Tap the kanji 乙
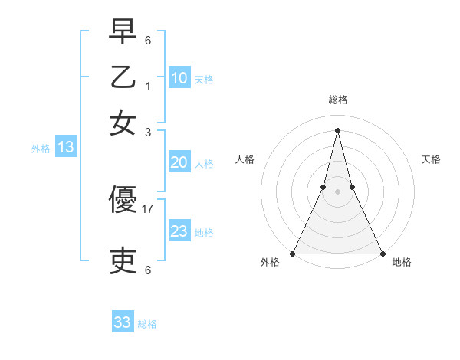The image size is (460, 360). [x=123, y=77]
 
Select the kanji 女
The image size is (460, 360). [x=123, y=122]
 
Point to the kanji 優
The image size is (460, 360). [x=123, y=201]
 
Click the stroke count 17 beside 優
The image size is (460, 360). [x=148, y=208]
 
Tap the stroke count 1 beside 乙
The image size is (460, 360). [x=148, y=86]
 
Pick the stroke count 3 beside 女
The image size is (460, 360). [x=148, y=132]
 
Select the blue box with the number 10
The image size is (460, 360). [x=179, y=78]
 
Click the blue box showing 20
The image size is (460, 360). [x=179, y=162]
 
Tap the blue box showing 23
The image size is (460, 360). [x=179, y=231]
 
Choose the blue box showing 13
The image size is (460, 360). [x=65, y=147]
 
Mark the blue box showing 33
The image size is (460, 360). [x=123, y=322]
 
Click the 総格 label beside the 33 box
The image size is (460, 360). [x=147, y=324]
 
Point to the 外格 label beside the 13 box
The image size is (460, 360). [x=41, y=149]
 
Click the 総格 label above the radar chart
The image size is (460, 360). [x=337, y=100]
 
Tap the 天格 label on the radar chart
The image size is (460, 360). [x=431, y=159]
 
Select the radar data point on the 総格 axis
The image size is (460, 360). [x=337, y=129]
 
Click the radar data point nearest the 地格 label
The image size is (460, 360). [x=382, y=253]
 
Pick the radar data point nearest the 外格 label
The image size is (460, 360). [x=293, y=253]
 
